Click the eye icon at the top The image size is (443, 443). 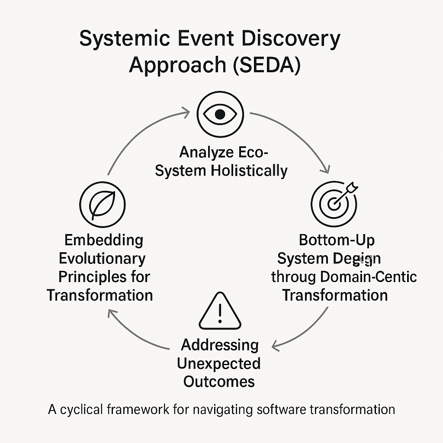tap(220, 114)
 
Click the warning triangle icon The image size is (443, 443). tap(219, 311)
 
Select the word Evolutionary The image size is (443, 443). tap(102, 259)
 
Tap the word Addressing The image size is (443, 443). tap(220, 345)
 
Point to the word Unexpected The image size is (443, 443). tap(219, 363)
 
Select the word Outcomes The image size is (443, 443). tap(219, 382)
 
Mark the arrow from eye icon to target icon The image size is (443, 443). tap(299, 134)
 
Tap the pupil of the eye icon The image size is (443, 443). tap(220, 114)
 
